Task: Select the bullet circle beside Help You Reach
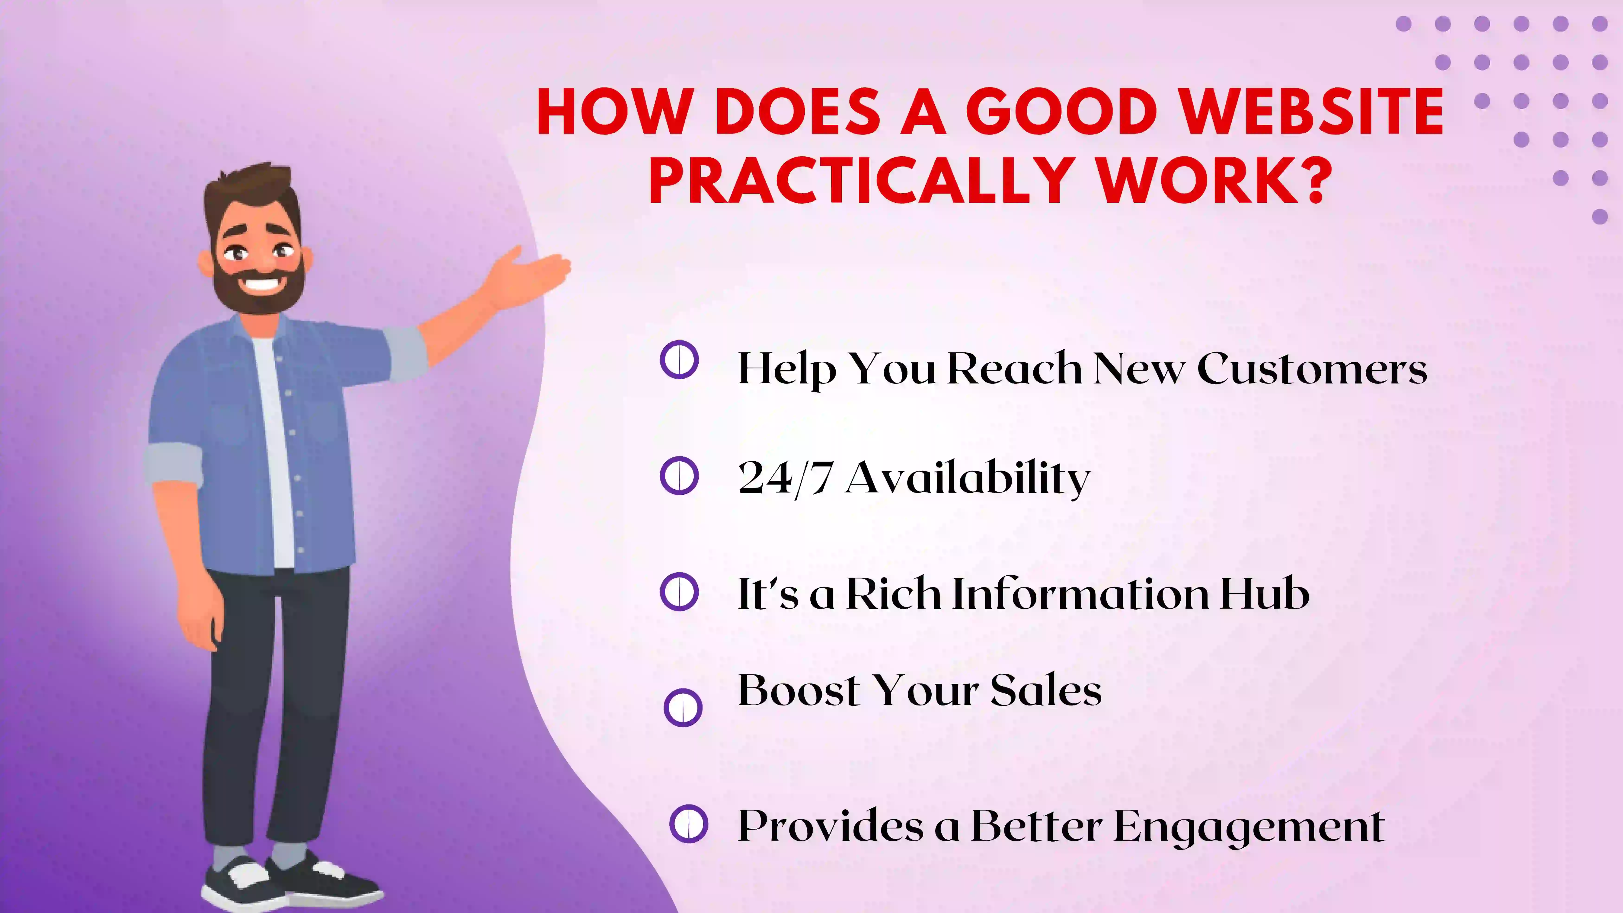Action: (x=679, y=360)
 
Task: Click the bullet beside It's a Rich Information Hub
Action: (x=679, y=592)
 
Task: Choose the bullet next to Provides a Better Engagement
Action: (x=689, y=824)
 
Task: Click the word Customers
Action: (x=1312, y=369)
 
